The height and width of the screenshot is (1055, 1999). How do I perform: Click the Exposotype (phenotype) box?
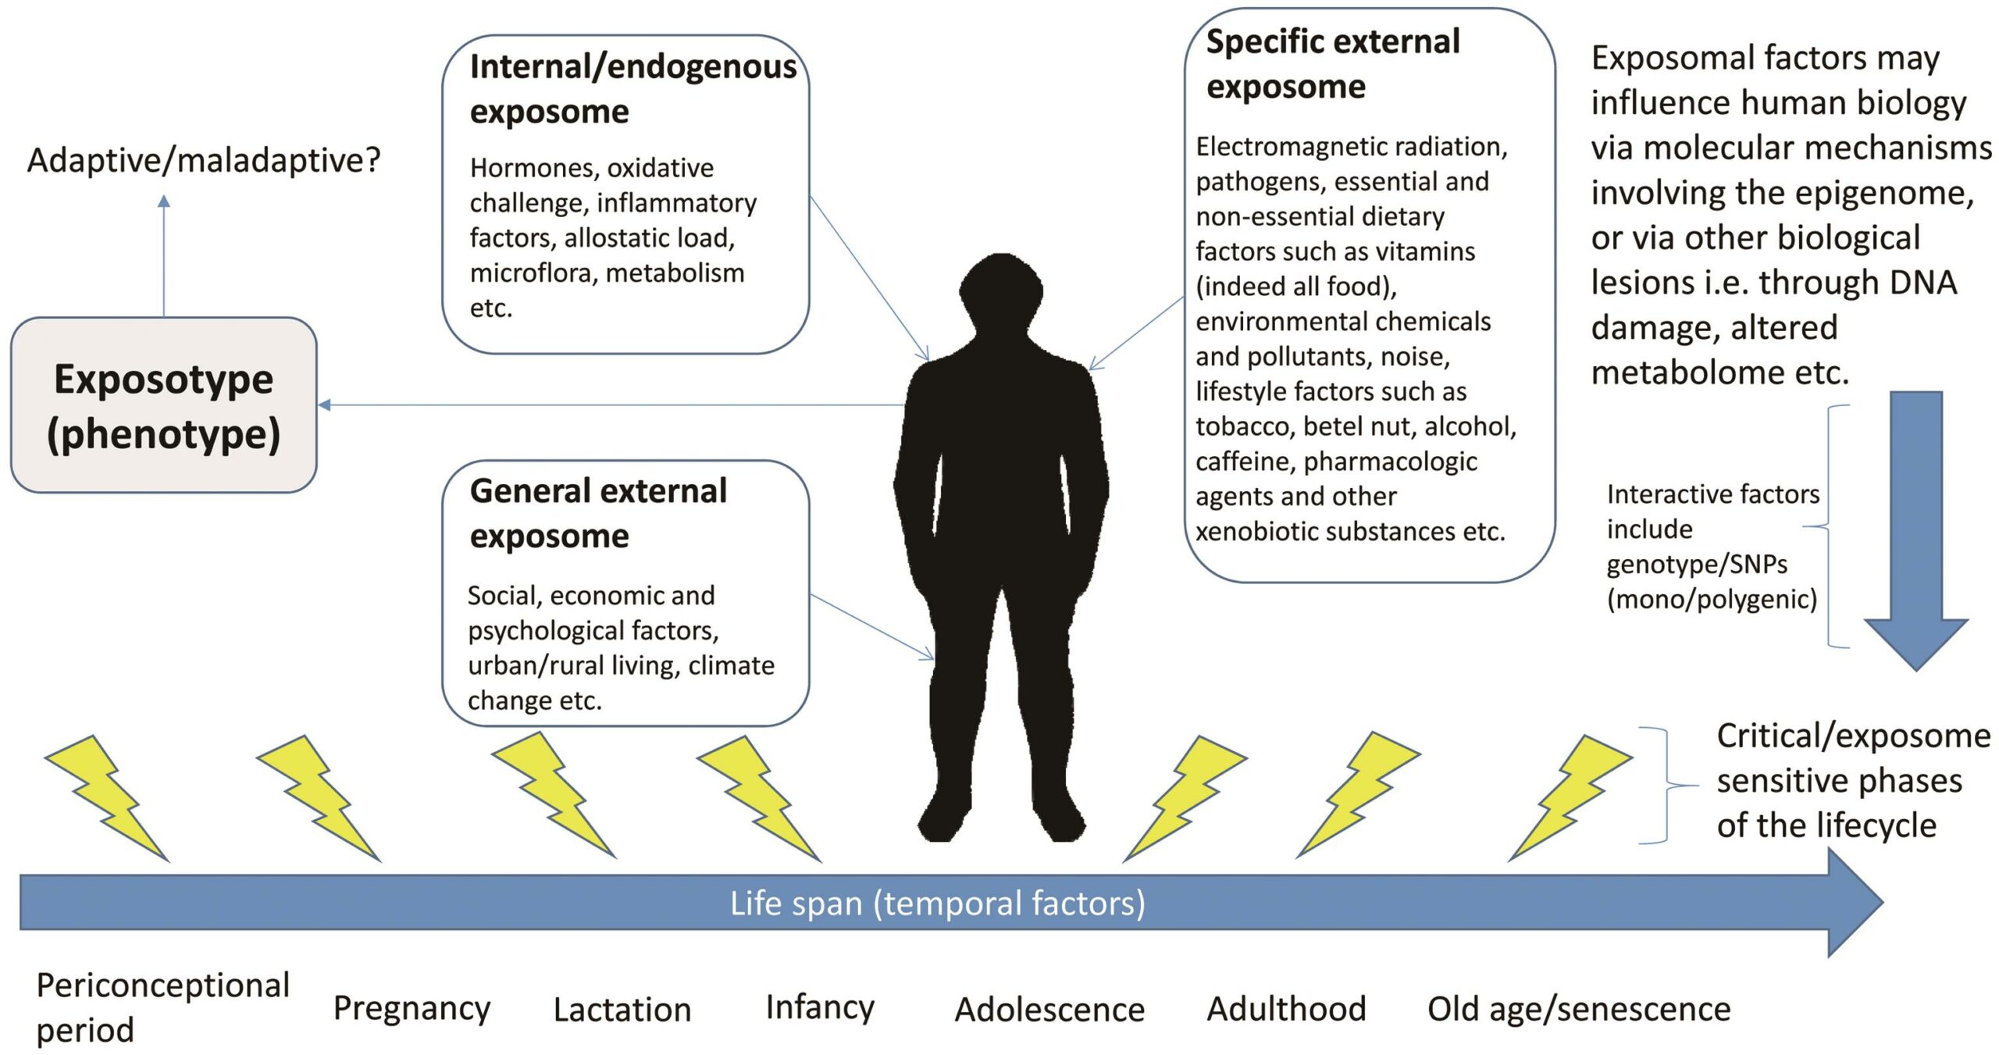163,405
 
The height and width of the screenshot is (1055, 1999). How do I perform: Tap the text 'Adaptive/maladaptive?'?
204,160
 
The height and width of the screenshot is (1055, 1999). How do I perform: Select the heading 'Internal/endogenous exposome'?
632,89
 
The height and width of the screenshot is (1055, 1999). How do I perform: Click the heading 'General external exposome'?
598,513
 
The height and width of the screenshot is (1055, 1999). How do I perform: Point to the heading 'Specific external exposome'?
1332,64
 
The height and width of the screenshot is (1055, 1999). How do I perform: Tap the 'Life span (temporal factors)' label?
937,904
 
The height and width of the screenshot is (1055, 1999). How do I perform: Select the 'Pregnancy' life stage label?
412,1008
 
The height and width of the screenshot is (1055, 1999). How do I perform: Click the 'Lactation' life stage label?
622,1010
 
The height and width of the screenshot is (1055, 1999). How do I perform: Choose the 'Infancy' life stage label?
820,1007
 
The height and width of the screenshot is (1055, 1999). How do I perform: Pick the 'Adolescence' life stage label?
1049,1010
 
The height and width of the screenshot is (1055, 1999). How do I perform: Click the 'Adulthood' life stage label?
1286,1009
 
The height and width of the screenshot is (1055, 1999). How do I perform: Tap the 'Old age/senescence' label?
1579,1009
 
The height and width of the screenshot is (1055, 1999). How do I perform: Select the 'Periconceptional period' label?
162,1007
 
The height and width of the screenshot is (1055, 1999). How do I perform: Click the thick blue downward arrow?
1915,531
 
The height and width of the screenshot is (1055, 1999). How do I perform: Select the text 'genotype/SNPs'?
1697,564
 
